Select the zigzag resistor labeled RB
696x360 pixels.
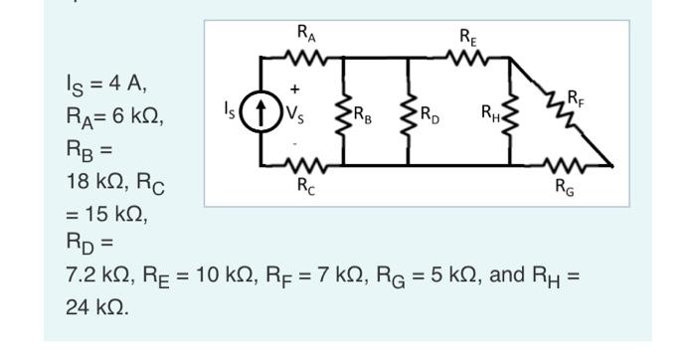tap(344, 111)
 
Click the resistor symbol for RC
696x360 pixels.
tap(303, 162)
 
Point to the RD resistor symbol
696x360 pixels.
tap(408, 111)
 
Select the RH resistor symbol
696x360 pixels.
tap(510, 111)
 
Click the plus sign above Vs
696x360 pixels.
tap(294, 90)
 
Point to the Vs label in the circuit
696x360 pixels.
tap(298, 111)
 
